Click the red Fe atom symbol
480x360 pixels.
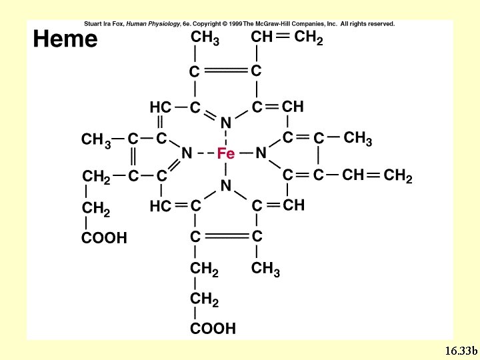pos(226,153)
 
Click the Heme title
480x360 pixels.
pos(65,39)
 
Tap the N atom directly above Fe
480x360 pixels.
pos(226,123)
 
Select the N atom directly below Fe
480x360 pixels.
pos(226,185)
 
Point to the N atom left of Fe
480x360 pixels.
pos(187,153)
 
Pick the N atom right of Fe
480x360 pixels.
pos(261,153)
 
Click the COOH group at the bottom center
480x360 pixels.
pos(213,329)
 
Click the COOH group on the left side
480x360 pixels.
pos(104,238)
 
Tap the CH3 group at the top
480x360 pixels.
pos(205,37)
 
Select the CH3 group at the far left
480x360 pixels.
pos(96,140)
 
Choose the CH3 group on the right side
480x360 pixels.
pos(357,139)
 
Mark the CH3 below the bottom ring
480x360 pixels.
pos(265,269)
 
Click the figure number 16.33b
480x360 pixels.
pos(461,351)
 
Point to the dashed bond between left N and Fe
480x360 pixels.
pos(205,153)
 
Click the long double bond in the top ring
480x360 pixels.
pos(225,71)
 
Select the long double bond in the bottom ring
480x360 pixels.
pos(227,236)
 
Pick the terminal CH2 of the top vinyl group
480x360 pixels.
pos(309,37)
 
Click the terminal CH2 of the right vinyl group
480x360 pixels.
pos(398,176)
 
